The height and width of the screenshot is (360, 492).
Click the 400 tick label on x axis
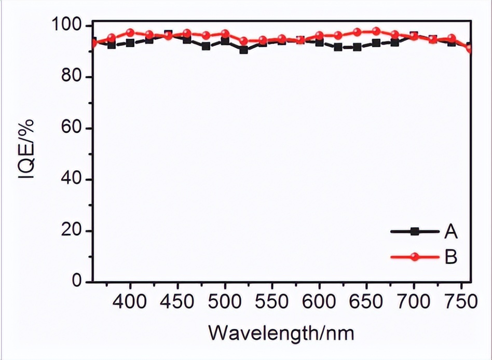(130, 302)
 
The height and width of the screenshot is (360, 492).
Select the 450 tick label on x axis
(177, 302)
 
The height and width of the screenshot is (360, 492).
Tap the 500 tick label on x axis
(225, 302)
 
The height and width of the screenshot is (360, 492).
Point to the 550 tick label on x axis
(272, 302)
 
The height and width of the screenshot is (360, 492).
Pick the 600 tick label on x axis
(319, 302)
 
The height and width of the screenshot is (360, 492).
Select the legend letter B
(450, 256)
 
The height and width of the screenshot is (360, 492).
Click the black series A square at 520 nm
(244, 50)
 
